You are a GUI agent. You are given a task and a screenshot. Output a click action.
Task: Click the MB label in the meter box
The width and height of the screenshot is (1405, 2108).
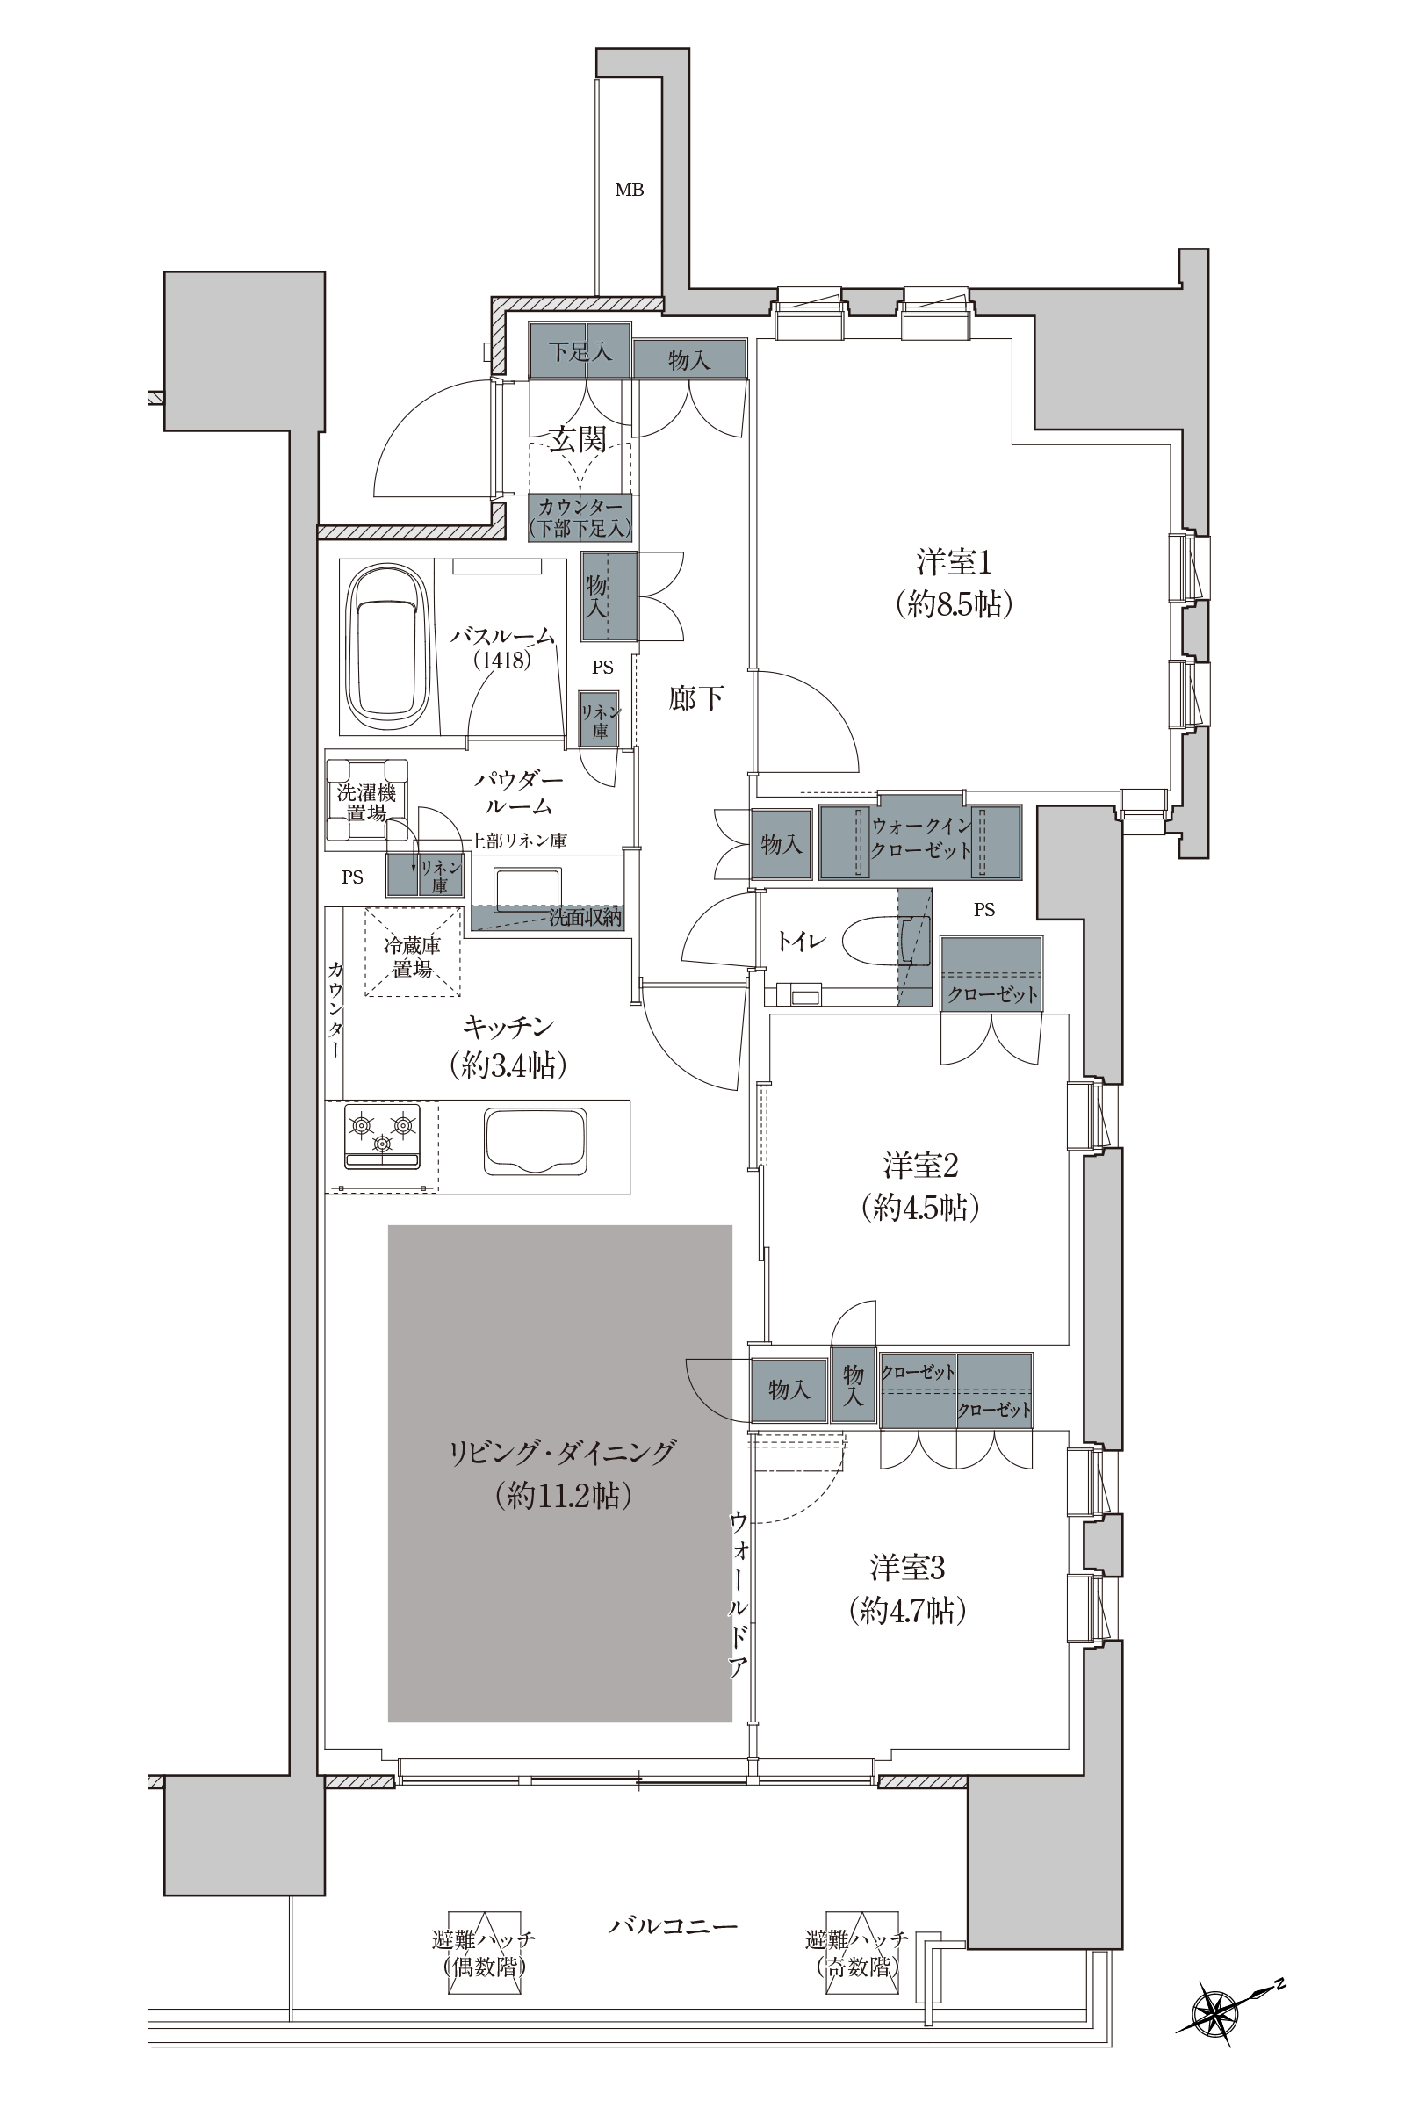pos(629,190)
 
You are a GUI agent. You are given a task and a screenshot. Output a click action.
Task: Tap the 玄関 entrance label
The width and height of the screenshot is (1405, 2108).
pos(578,439)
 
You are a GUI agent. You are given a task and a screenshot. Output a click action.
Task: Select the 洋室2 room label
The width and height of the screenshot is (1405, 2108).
pos(921,1166)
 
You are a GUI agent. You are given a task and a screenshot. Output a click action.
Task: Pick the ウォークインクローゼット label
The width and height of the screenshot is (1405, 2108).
pos(921,837)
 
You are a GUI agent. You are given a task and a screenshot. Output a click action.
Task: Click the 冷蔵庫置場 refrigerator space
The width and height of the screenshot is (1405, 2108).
pos(412,952)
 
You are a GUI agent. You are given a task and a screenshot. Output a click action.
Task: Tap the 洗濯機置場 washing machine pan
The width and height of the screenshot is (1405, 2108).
pos(366,801)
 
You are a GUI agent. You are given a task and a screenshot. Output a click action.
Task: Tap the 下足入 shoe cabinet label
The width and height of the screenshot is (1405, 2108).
pos(580,351)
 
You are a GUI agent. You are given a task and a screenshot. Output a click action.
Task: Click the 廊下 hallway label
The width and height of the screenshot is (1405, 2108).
pos(696,698)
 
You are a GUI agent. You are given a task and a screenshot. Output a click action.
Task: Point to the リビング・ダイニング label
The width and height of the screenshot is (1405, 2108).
pos(562,1451)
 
